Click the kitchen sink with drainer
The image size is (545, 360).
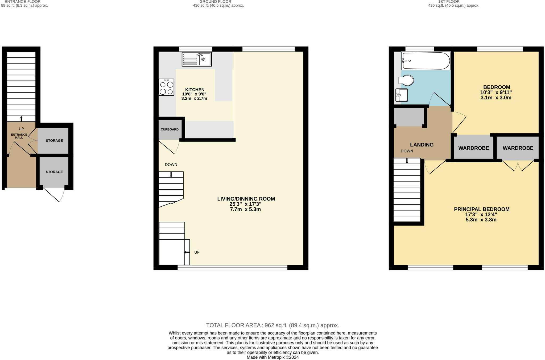[x=197, y=59]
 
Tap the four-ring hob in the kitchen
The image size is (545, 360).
[x=167, y=87]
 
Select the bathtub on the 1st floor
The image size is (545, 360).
[x=426, y=61]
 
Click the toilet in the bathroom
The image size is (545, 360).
[x=406, y=80]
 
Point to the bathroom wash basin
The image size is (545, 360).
[x=402, y=95]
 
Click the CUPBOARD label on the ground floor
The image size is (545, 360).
[x=170, y=129]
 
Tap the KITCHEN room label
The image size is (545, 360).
[x=195, y=90]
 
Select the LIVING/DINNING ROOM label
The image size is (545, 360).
[x=246, y=199]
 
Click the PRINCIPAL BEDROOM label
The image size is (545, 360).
[x=482, y=209]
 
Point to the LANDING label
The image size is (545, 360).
[x=422, y=145]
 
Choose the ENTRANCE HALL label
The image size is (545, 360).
[x=19, y=136]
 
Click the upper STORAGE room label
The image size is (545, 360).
[x=54, y=141]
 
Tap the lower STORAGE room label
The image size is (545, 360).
[x=54, y=172]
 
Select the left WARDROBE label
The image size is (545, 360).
[x=474, y=148]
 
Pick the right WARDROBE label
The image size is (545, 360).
[x=518, y=148]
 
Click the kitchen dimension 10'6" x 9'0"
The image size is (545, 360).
[x=194, y=94]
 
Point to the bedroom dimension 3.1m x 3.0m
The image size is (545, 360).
[x=496, y=98]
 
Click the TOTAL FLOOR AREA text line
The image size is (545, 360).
[x=272, y=325]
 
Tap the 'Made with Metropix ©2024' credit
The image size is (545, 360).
[x=272, y=357]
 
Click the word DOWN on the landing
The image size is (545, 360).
[x=407, y=151]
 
